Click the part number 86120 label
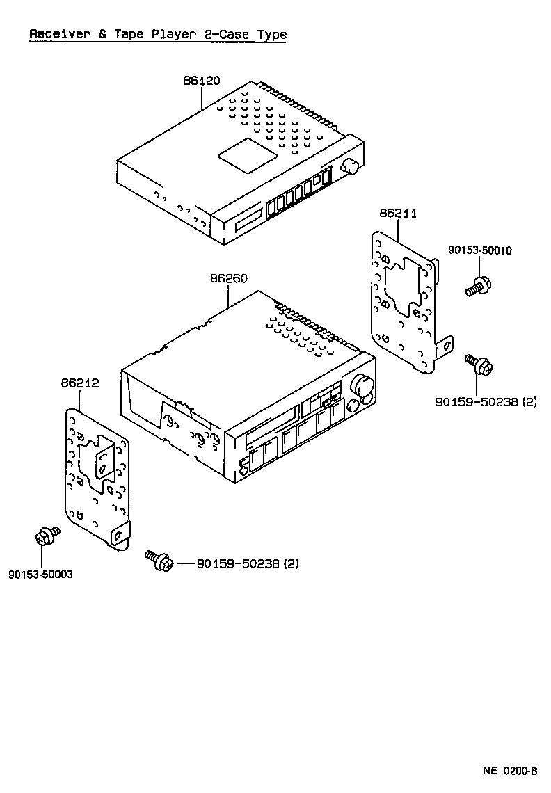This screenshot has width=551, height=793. click(x=202, y=81)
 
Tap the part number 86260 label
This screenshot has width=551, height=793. click(x=229, y=278)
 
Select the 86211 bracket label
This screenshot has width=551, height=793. click(x=398, y=214)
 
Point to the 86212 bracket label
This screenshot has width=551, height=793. click(x=79, y=383)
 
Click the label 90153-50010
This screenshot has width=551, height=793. click(x=479, y=250)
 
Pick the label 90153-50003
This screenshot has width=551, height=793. click(x=40, y=575)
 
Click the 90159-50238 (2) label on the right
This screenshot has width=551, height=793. click(x=486, y=402)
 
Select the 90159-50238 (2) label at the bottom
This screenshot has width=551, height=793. click(x=248, y=563)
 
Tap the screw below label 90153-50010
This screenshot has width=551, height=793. click(x=477, y=286)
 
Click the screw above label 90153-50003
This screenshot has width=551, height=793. click(x=47, y=537)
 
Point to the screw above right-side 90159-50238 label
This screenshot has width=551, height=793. click(x=479, y=364)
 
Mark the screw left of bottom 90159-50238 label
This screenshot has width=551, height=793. click(x=159, y=560)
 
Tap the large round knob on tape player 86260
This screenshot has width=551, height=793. click(x=362, y=385)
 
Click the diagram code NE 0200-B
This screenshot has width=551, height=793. click(x=510, y=771)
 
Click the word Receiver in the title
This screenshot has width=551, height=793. click(x=58, y=34)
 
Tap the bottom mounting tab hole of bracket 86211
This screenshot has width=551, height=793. click(x=448, y=343)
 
